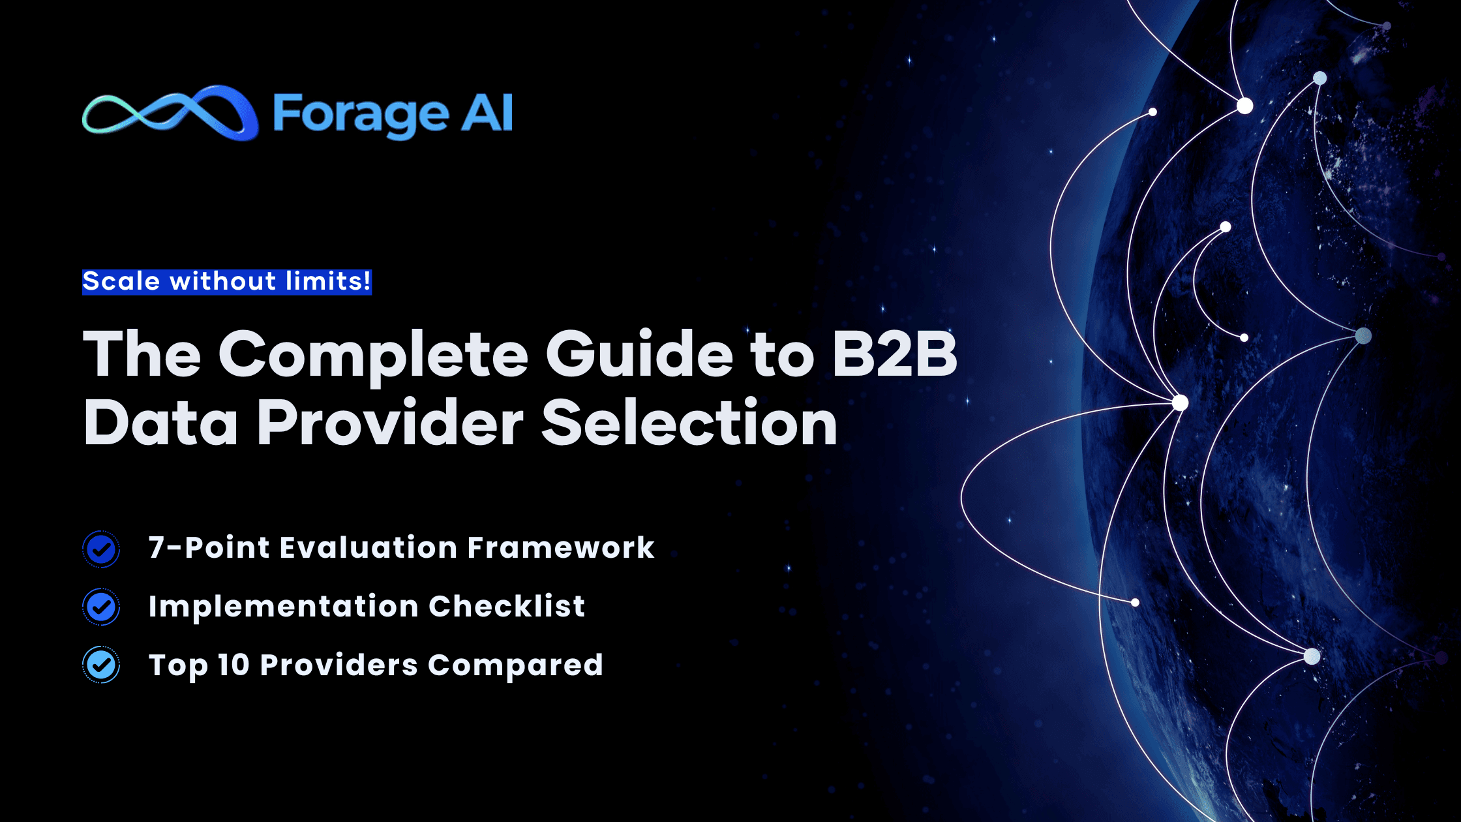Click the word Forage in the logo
(361, 115)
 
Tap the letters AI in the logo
(487, 113)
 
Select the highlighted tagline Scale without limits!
(226, 282)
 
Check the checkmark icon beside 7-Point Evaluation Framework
(101, 549)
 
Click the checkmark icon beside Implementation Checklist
(101, 607)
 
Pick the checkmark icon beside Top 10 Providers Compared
(101, 665)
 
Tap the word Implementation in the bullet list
(284, 607)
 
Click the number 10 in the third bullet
(233, 665)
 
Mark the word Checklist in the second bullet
(507, 606)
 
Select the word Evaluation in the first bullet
(369, 547)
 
